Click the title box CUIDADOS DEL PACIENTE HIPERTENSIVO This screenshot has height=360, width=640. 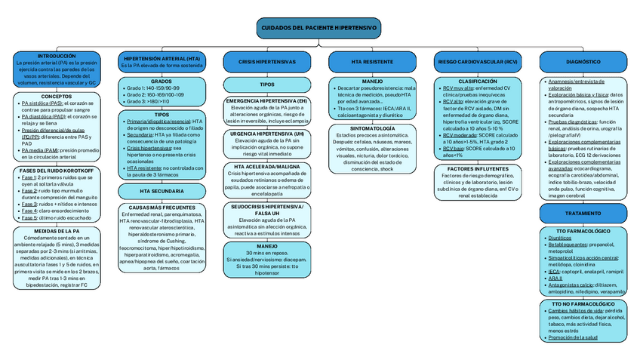pos(319,28)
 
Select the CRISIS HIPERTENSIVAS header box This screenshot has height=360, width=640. pos(267,60)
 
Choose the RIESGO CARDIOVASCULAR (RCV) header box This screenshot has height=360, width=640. pos(478,60)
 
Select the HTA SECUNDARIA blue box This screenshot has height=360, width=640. pos(162,192)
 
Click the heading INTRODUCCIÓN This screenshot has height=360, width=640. pos(57,56)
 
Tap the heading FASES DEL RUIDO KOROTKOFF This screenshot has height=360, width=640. pos(57,171)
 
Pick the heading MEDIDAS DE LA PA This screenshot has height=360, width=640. pos(57,231)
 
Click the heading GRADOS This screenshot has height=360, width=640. pos(162,81)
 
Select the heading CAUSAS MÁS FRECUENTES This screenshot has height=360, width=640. pos(162,207)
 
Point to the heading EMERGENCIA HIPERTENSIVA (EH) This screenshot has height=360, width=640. pos(267,100)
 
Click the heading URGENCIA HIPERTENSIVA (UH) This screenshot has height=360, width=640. pos(267,133)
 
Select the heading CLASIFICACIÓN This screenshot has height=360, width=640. pos(478,81)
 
